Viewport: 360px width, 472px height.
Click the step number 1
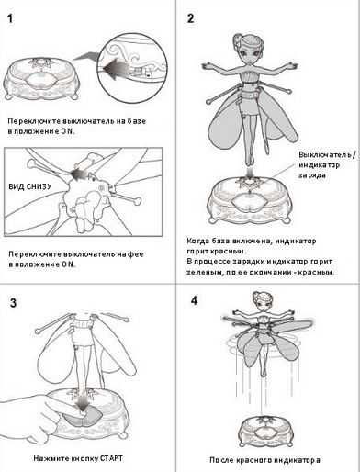(10, 18)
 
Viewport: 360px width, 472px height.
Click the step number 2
(190, 18)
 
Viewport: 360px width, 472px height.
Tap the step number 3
(13, 303)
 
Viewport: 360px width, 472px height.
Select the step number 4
(194, 300)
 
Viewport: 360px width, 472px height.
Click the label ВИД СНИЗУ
(30, 186)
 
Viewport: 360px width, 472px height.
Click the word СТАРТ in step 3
(111, 458)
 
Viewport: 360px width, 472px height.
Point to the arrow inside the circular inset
(116, 69)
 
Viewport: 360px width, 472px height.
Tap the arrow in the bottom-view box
(78, 173)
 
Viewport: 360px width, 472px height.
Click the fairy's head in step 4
(261, 301)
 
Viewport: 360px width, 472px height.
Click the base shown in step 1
(40, 79)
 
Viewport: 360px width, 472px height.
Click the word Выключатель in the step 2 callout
(325, 155)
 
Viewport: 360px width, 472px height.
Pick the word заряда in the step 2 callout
(312, 175)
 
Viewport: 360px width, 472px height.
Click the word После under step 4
(221, 460)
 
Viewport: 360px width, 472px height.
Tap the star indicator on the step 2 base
(249, 184)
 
